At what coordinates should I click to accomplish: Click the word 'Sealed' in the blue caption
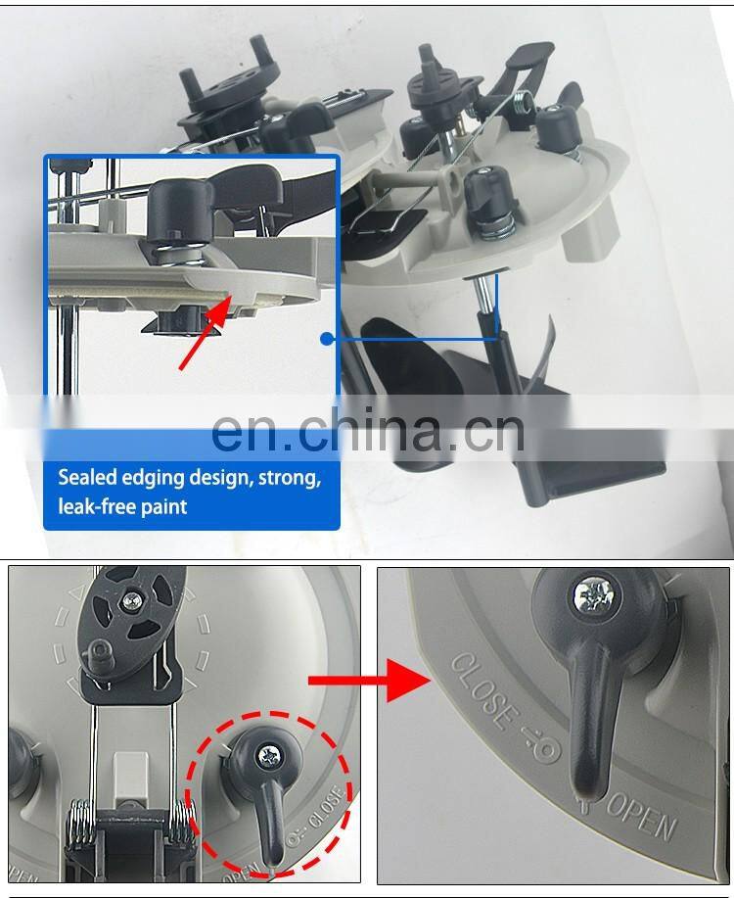pyautogui.click(x=88, y=477)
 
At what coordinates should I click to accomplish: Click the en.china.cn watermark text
pyautogui.click(x=368, y=430)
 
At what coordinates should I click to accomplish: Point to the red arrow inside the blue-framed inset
pyautogui.click(x=205, y=333)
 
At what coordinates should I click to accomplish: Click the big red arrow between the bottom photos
pyautogui.click(x=370, y=681)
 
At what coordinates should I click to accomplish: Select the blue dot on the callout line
pyautogui.click(x=327, y=339)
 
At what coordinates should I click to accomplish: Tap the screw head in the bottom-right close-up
pyautogui.click(x=594, y=596)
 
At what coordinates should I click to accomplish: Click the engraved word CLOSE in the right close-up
pyautogui.click(x=480, y=691)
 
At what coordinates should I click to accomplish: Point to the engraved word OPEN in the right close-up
pyautogui.click(x=641, y=816)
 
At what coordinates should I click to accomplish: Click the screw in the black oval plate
pyautogui.click(x=133, y=600)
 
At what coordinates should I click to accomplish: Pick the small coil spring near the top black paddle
pyautogui.click(x=523, y=103)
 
